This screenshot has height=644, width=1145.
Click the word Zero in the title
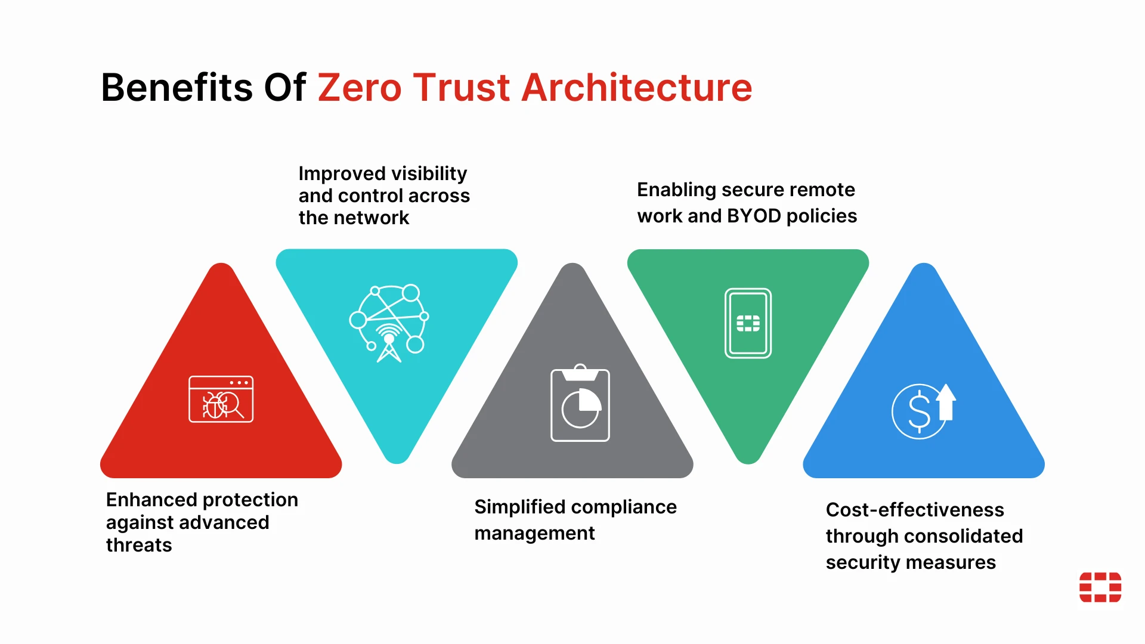[x=360, y=88]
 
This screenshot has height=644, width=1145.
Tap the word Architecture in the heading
[x=637, y=88]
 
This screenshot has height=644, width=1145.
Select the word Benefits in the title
[x=177, y=88]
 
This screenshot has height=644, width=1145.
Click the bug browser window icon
[x=221, y=399]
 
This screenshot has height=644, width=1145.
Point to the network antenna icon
[x=389, y=323]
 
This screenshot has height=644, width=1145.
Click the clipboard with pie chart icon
[x=580, y=402]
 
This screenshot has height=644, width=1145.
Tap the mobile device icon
[x=748, y=323]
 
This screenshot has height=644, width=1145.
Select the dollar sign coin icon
[x=918, y=411]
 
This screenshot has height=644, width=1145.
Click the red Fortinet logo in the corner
[x=1100, y=587]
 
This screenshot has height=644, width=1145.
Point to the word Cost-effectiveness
[x=915, y=510]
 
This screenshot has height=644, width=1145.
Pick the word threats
[x=139, y=545]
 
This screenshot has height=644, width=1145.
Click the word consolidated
[x=963, y=536]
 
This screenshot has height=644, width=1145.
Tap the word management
[x=534, y=534]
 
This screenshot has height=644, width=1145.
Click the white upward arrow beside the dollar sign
[x=946, y=402]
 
